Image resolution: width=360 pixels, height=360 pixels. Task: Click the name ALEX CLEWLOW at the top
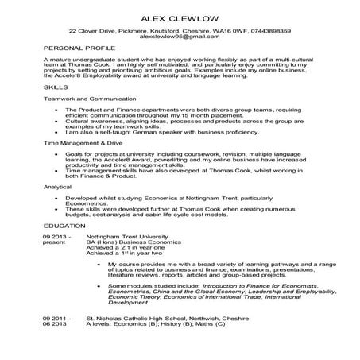[x=180, y=17]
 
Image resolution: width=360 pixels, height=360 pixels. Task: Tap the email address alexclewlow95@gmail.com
[x=180, y=37]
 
